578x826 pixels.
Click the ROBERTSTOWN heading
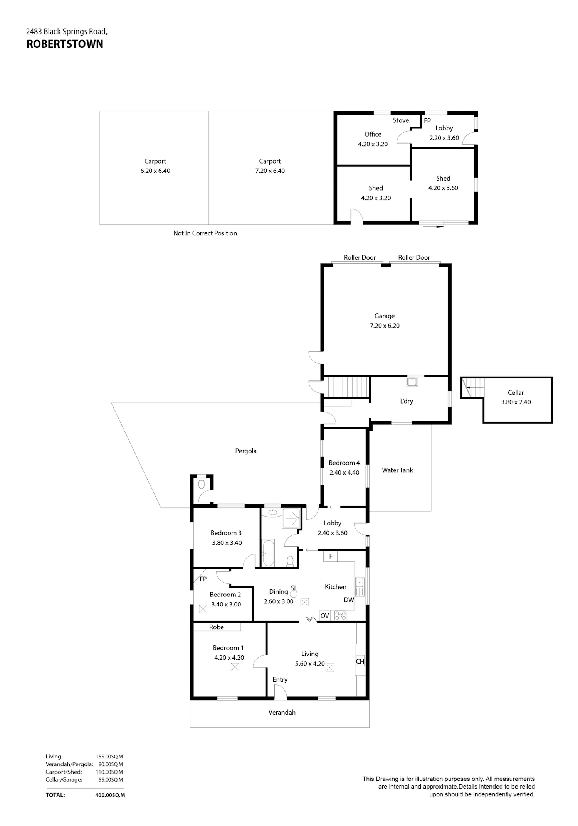[x=65, y=44]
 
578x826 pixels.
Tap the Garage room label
[x=385, y=316]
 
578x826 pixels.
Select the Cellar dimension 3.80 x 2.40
[x=516, y=402]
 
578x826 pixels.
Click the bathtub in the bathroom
[x=268, y=552]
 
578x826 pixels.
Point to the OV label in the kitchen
[x=325, y=616]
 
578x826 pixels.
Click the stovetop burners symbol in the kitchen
[x=340, y=615]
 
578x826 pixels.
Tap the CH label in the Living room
[x=360, y=661]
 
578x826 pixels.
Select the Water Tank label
[x=397, y=470]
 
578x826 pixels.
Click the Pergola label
[x=246, y=451]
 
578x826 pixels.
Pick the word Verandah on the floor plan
[x=282, y=712]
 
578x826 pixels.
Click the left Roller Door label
[x=360, y=257]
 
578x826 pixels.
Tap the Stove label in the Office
[x=401, y=120]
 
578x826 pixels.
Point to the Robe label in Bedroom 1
[x=217, y=627]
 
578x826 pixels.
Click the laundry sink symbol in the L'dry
[x=412, y=382]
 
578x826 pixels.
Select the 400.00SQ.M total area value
[x=110, y=795]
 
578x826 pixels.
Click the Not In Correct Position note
[x=205, y=233]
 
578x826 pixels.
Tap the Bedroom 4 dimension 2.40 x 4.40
[x=344, y=472]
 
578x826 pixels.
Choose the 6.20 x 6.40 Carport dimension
[x=155, y=171]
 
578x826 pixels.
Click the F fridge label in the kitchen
[x=331, y=556]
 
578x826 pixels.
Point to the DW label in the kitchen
[x=349, y=600]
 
